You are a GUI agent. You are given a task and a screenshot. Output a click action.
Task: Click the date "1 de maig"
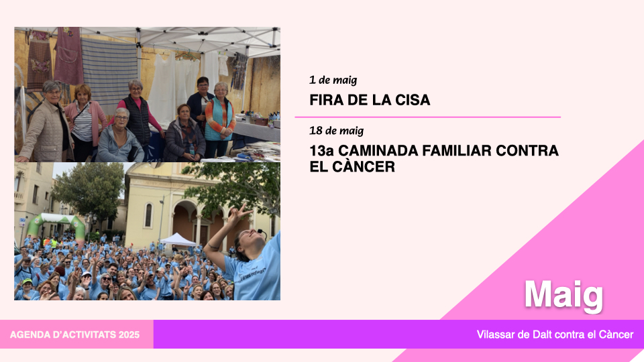tap(333, 80)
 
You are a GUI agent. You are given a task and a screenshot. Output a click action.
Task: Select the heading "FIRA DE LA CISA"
tap(370, 100)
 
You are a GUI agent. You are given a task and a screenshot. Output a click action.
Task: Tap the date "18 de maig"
tap(336, 131)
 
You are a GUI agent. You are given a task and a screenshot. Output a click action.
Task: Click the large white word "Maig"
tap(563, 296)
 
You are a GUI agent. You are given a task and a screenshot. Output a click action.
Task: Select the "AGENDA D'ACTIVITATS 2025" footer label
tap(74, 335)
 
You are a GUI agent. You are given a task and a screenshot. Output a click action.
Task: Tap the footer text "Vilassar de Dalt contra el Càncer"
tap(555, 335)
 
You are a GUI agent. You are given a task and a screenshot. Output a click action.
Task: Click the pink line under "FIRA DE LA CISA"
tap(427, 117)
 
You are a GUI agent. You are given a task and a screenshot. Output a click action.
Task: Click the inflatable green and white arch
tap(56, 224)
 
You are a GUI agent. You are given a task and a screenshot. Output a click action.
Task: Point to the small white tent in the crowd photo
tap(178, 240)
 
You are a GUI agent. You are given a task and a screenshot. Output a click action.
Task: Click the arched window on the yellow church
tap(148, 215)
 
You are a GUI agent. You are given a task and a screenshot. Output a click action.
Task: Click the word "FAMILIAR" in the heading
tap(457, 151)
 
